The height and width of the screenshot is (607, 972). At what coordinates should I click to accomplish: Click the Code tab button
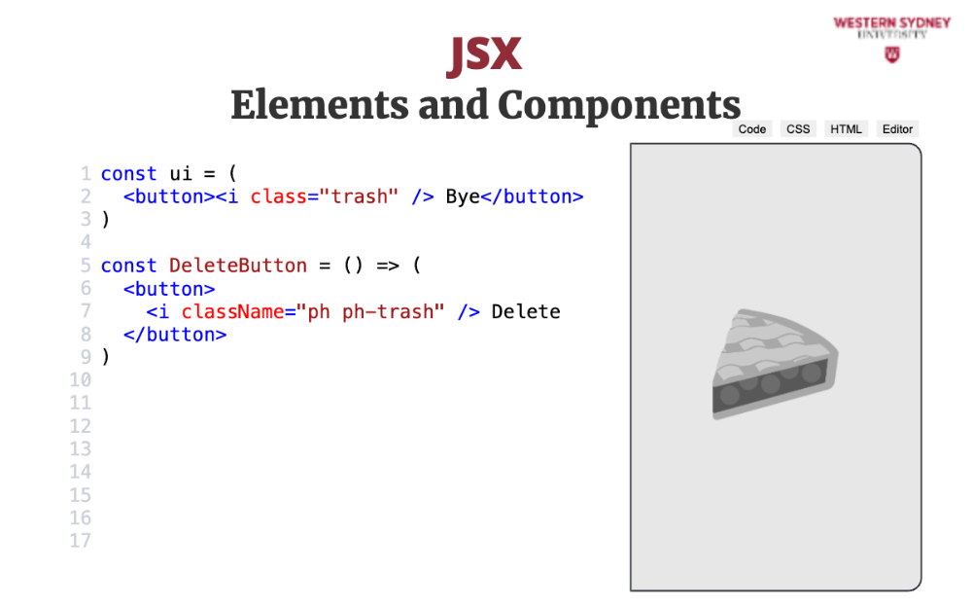point(752,129)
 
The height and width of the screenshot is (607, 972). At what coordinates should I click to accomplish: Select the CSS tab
point(798,129)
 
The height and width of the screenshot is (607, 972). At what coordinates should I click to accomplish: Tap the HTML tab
point(847,129)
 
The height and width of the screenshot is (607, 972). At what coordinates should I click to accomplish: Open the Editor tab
point(897,129)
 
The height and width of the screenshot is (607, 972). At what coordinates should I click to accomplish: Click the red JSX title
point(484,54)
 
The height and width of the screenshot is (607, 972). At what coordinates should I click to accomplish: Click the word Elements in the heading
point(320,104)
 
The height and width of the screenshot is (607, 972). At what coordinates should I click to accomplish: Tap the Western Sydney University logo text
point(892,27)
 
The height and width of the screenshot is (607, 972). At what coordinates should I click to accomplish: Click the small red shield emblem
point(892,54)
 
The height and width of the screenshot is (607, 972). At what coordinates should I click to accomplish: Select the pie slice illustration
point(775,363)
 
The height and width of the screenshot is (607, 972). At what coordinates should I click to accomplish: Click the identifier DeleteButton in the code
point(238,266)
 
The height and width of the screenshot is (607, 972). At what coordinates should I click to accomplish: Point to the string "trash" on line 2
point(359,196)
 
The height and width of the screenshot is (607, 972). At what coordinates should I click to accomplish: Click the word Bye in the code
point(463,196)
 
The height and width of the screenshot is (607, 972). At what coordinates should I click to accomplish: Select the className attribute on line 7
point(232,311)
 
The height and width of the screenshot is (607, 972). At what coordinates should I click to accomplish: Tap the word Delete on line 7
point(526,311)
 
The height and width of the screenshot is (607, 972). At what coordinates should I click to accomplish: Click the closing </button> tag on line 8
point(175,335)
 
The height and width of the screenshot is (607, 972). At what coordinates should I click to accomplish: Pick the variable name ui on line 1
point(181,174)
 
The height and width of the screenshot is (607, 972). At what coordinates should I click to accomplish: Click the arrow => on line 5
point(388,267)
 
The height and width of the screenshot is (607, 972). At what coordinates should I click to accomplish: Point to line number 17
point(80,541)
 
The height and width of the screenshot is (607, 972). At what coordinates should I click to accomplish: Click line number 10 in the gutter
point(80,379)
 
